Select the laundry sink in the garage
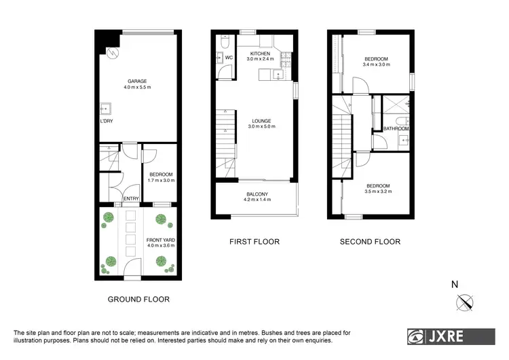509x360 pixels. pos(105,108)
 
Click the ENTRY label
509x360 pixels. pos(131,198)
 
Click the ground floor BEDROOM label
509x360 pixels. pos(161,175)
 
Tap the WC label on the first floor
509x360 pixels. pos(229,58)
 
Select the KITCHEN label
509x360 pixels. pos(260,53)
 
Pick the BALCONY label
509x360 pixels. pos(258,194)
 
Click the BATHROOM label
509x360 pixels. pos(396,128)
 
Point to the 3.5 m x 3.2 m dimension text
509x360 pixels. pos(378,192)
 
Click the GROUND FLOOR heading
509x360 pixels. pos(138,299)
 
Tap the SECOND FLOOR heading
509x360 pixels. pos(370,241)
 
